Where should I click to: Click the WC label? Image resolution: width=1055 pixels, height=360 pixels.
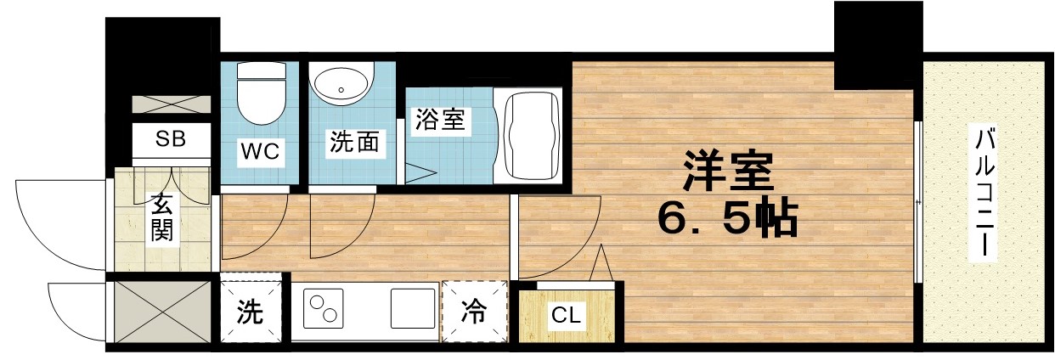coord(261,152)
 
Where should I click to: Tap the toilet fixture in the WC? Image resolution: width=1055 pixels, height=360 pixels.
coord(261,93)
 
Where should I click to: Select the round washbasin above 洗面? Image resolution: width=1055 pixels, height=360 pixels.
coord(341,86)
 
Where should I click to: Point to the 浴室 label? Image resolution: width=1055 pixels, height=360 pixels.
coord(439,120)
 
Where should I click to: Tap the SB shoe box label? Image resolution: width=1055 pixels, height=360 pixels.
coord(170,139)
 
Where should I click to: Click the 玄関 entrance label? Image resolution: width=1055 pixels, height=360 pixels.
coord(162,218)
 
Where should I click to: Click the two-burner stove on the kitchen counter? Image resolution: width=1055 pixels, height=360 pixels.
coord(322,311)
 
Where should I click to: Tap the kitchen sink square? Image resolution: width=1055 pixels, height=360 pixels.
coord(413,308)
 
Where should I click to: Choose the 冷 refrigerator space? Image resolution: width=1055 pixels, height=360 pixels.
coord(475,312)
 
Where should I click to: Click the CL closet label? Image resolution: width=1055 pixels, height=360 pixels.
coord(566,317)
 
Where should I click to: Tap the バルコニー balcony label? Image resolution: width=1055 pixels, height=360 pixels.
coord(984,194)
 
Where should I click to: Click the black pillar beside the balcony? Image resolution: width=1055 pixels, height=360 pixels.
coord(877,45)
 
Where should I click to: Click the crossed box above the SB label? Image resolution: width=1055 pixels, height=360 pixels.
coord(171,105)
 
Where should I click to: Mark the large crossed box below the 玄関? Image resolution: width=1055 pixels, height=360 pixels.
coord(161,312)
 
